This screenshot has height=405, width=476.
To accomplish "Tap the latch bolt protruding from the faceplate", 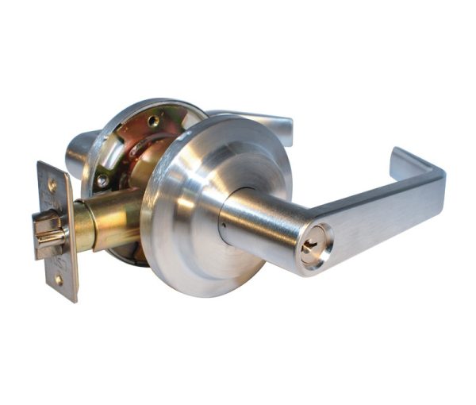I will [49, 232].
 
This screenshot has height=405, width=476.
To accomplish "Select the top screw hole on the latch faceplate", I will [52, 184].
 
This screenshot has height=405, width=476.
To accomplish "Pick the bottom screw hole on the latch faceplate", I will [59, 279].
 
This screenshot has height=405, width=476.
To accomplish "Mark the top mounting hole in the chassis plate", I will [153, 121].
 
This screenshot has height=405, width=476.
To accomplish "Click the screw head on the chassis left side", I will [102, 181].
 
